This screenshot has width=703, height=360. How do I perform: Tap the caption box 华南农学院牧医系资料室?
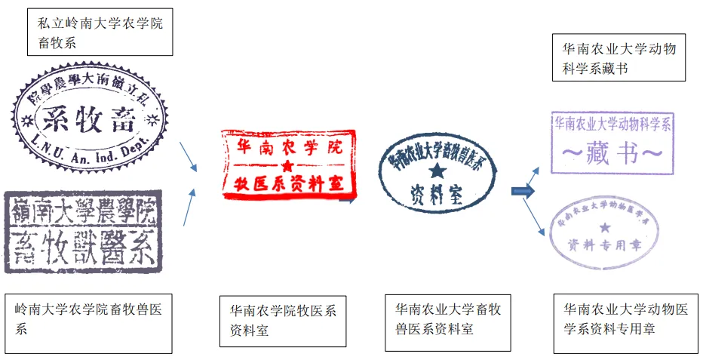tap(283, 321)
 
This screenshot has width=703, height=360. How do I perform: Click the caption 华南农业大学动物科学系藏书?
tap(619, 58)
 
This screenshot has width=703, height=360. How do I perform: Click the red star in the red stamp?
tap(286, 165)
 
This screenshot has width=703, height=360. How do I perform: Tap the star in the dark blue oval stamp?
tap(437, 172)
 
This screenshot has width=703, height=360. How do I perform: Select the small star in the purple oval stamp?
tap(604, 226)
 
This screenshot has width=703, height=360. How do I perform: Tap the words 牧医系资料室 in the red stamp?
tap(287, 183)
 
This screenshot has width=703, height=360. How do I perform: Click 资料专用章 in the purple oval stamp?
tap(603, 244)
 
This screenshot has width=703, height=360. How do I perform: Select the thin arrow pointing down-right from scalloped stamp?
tap(189, 156)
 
